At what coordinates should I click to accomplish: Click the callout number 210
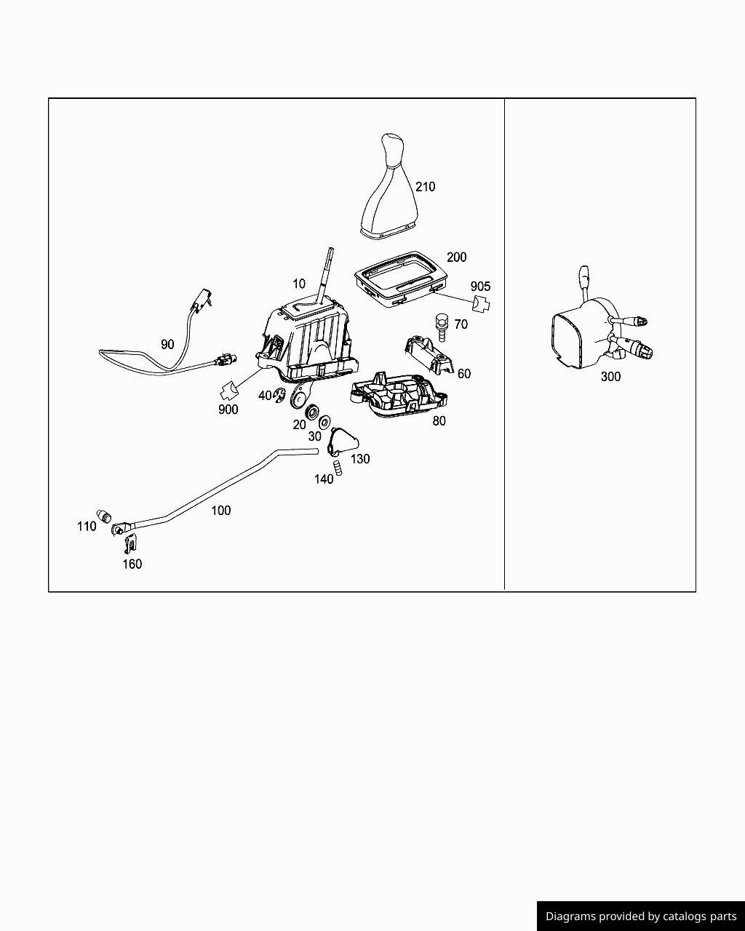pyautogui.click(x=425, y=187)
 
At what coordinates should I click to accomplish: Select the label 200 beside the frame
pyautogui.click(x=456, y=257)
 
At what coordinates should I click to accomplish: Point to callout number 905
pyautogui.click(x=480, y=287)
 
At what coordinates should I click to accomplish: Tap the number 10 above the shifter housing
pyautogui.click(x=299, y=284)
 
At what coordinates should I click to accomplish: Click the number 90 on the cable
pyautogui.click(x=167, y=344)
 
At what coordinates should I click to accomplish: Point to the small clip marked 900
pyautogui.click(x=229, y=391)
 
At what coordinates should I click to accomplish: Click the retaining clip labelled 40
pyautogui.click(x=280, y=395)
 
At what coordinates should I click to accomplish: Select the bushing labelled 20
pyautogui.click(x=311, y=411)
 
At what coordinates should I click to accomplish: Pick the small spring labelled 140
pyautogui.click(x=338, y=468)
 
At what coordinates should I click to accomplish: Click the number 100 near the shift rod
pyautogui.click(x=220, y=511)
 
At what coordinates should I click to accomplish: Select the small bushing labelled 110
pyautogui.click(x=104, y=515)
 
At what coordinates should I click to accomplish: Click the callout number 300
pyautogui.click(x=610, y=377)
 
